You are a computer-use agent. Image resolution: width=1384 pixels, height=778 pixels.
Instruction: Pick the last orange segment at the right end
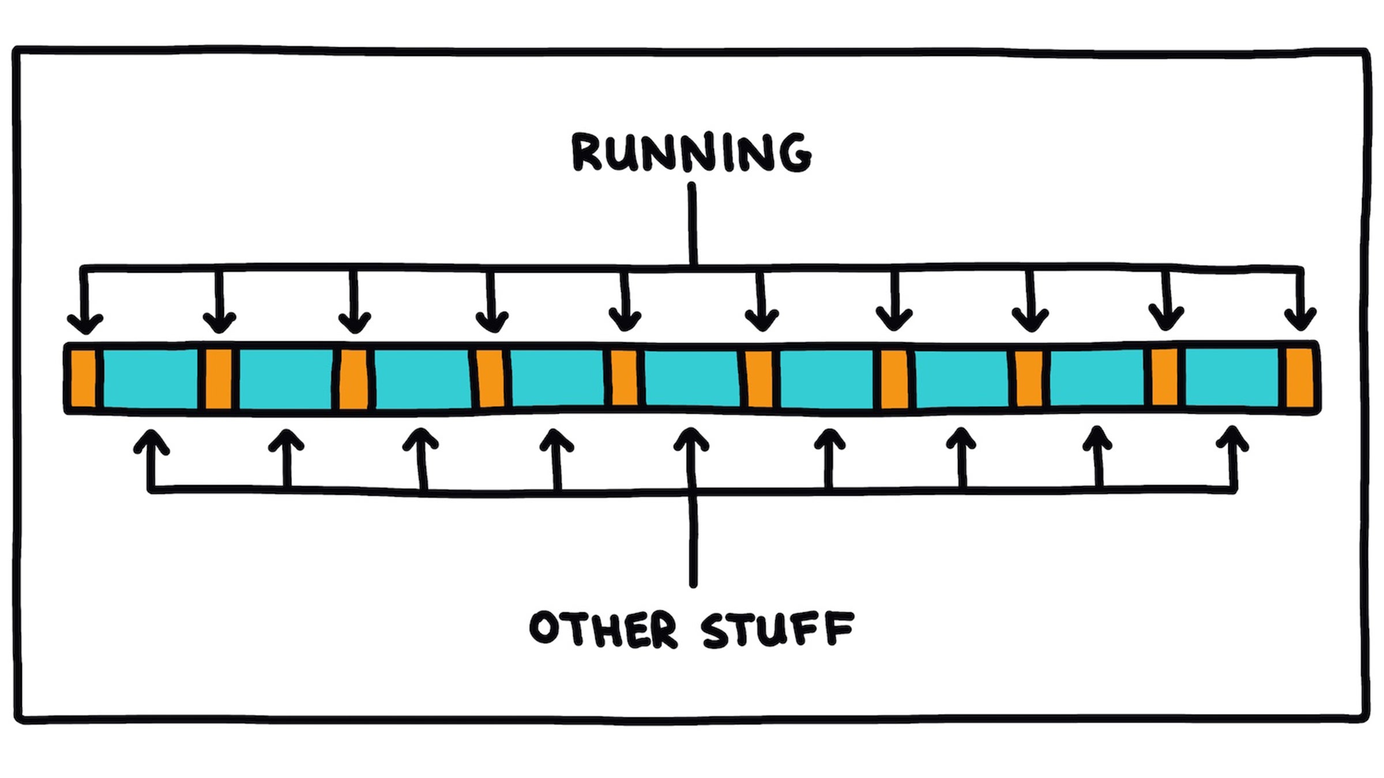pyautogui.click(x=1300, y=378)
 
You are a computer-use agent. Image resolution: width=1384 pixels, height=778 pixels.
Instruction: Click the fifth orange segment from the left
pyautogui.click(x=624, y=378)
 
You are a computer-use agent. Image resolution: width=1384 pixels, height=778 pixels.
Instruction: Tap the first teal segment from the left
pyautogui.click(x=151, y=378)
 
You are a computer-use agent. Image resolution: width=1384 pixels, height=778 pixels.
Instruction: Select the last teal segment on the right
pyautogui.click(x=1232, y=378)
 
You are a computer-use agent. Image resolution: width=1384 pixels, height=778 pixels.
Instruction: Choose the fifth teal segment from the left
pyautogui.click(x=691, y=378)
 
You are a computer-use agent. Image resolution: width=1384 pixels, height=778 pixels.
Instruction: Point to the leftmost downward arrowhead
pyautogui.click(x=85, y=324)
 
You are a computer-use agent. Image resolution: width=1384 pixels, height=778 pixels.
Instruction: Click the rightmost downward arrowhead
pyautogui.click(x=1300, y=322)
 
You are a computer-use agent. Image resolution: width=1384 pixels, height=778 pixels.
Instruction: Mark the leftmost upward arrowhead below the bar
pyautogui.click(x=151, y=440)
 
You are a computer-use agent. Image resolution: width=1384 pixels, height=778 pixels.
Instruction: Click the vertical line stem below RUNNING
pyautogui.click(x=693, y=225)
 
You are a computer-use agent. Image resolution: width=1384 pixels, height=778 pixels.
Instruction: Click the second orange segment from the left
pyautogui.click(x=219, y=378)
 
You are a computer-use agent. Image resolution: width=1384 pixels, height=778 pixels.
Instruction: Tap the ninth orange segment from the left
pyautogui.click(x=1164, y=378)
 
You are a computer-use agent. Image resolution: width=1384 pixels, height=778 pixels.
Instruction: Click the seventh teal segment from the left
pyautogui.click(x=961, y=378)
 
